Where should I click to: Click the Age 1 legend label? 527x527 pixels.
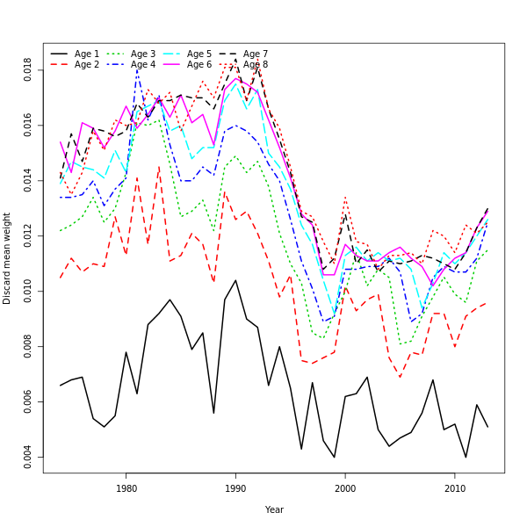pyautogui.click(x=87, y=54)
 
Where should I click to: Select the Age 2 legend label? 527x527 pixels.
pyautogui.click(x=87, y=65)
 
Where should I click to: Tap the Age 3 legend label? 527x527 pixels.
pyautogui.click(x=143, y=54)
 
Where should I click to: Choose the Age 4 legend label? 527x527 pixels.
pyautogui.click(x=143, y=65)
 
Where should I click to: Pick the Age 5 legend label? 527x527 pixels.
pyautogui.click(x=199, y=54)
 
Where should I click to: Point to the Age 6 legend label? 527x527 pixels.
pyautogui.click(x=199, y=65)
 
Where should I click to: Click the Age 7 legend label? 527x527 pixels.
pyautogui.click(x=256, y=54)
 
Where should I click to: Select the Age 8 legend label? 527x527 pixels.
pyautogui.click(x=256, y=65)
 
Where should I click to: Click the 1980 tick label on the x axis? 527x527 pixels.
pyautogui.click(x=126, y=487)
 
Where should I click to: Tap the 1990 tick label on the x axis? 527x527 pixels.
pyautogui.click(x=235, y=487)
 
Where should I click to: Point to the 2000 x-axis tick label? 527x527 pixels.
pyautogui.click(x=345, y=487)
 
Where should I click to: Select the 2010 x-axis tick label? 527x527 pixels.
pyautogui.click(x=455, y=487)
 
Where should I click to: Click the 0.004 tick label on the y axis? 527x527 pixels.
pyautogui.click(x=28, y=457)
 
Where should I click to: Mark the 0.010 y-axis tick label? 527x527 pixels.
pyautogui.click(x=28, y=291)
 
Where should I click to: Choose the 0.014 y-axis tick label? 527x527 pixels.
pyautogui.click(x=28, y=180)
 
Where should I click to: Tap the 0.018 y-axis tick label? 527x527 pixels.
pyautogui.click(x=28, y=69)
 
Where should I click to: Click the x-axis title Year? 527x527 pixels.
pyautogui.click(x=274, y=509)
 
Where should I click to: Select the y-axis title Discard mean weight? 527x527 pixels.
pyautogui.click(x=7, y=258)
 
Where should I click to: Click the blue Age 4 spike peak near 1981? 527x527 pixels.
pyautogui.click(x=137, y=69)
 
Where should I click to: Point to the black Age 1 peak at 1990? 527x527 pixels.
pyautogui.click(x=235, y=280)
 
